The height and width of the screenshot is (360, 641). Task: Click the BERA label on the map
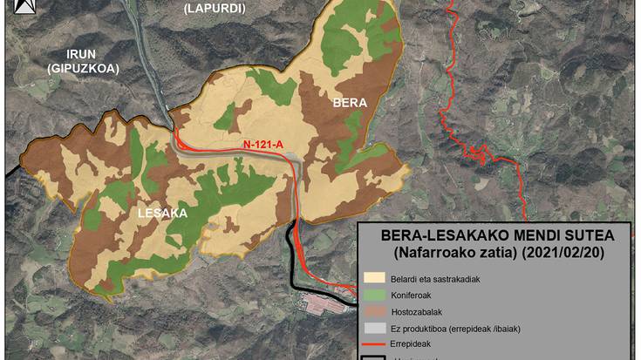(351, 104)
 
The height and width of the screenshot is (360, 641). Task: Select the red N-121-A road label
(263, 144)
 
